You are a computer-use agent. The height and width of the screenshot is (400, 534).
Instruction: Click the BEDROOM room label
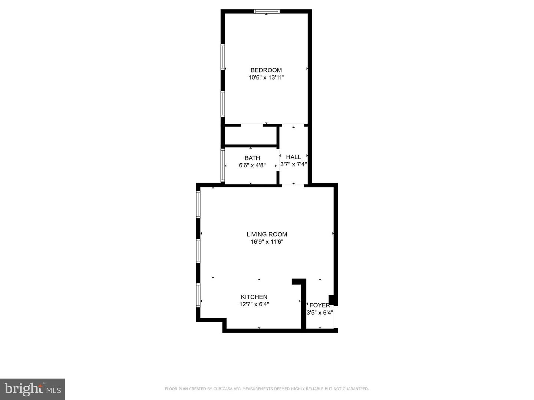point(266,70)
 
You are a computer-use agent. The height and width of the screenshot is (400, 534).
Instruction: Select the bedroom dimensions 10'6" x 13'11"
point(266,78)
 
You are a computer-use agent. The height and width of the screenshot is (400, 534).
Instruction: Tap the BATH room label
point(252,158)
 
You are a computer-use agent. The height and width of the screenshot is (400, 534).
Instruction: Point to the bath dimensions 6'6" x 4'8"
point(252,166)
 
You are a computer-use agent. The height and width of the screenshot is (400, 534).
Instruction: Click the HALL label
point(293,157)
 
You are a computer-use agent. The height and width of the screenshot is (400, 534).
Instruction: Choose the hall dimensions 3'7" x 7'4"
point(293,164)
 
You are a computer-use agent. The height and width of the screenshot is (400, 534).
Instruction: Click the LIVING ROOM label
point(267,234)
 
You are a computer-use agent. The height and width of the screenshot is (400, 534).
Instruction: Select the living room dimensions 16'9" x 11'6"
point(267,242)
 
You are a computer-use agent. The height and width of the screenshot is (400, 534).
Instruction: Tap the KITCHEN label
point(254,297)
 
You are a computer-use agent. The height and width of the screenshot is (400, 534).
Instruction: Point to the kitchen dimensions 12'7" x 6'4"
point(254,304)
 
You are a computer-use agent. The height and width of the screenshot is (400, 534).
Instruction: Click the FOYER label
point(319,305)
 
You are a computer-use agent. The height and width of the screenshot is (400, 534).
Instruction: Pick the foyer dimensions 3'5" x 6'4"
point(319,313)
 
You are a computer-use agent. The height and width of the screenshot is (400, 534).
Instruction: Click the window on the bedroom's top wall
point(267,11)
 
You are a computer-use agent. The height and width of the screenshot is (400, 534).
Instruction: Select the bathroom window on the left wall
point(222,165)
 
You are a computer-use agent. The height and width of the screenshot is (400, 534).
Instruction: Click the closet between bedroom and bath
point(251,135)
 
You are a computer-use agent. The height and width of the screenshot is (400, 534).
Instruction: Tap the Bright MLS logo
point(32,389)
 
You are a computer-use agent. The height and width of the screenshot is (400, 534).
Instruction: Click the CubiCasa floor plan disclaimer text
point(267,389)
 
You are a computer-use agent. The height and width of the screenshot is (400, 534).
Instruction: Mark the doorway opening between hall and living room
point(293,185)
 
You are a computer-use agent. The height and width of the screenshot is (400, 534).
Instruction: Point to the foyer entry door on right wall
point(336,317)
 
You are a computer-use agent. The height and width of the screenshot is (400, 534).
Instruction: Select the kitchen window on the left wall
point(198,295)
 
